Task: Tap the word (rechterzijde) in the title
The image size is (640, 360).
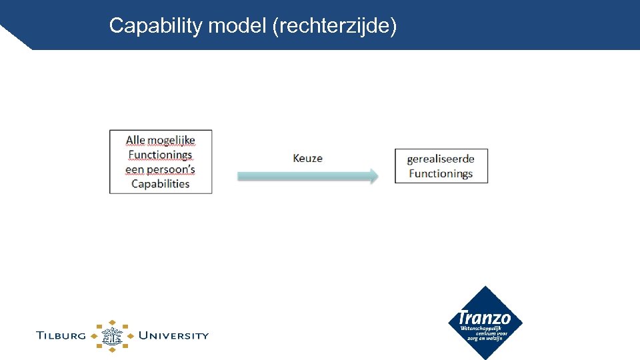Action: (335, 26)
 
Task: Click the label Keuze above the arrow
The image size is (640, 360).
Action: (307, 158)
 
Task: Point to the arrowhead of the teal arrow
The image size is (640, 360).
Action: (375, 176)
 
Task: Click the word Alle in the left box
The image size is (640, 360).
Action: (135, 140)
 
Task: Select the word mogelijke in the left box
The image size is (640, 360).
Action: (171, 140)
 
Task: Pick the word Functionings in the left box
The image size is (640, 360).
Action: (160, 155)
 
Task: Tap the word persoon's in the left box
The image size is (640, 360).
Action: (171, 169)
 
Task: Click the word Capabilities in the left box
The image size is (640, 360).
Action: (160, 184)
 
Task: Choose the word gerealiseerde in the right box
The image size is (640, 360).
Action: (441, 159)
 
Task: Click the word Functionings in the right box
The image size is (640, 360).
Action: (441, 173)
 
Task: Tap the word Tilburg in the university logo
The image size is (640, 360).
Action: (61, 335)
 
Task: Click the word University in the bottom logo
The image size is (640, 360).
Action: (173, 335)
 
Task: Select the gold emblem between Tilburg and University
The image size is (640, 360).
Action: (112, 335)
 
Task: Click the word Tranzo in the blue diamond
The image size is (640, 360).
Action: (485, 318)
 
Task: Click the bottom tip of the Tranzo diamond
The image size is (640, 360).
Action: (485, 357)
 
